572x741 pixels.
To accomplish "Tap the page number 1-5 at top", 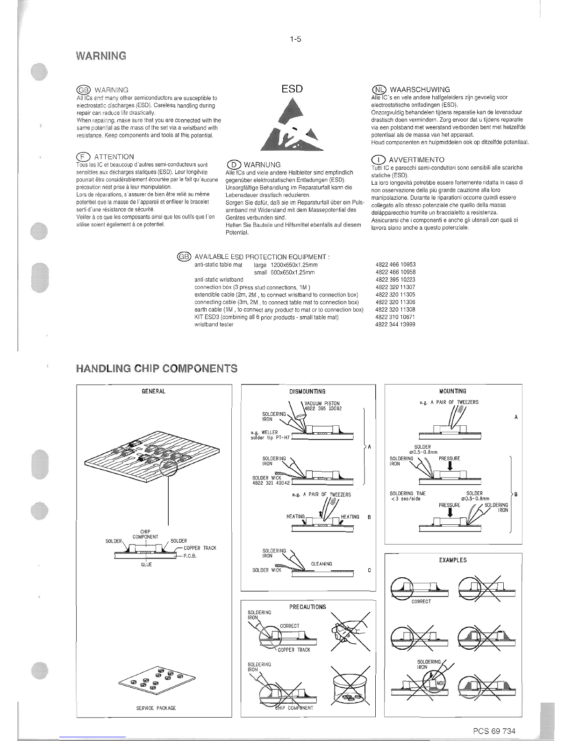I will [295, 39].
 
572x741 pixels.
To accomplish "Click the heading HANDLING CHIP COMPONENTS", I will [157, 369].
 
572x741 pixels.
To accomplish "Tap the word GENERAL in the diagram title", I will [153, 391].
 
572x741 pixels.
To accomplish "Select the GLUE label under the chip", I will [146, 565].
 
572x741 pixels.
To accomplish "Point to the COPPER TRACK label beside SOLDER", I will [200, 548].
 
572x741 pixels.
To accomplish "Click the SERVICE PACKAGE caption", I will [156, 708].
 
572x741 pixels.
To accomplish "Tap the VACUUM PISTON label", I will [322, 403].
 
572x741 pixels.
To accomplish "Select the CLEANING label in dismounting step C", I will [322, 564].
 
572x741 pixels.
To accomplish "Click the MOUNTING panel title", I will [453, 391].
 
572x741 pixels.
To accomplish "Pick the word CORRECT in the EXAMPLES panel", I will [421, 602].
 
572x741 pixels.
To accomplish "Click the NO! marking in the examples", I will [440, 683].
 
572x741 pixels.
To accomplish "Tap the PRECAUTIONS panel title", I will [307, 607].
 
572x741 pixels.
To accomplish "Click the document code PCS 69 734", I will [493, 731].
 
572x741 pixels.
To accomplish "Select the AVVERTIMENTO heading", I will [416, 160].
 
